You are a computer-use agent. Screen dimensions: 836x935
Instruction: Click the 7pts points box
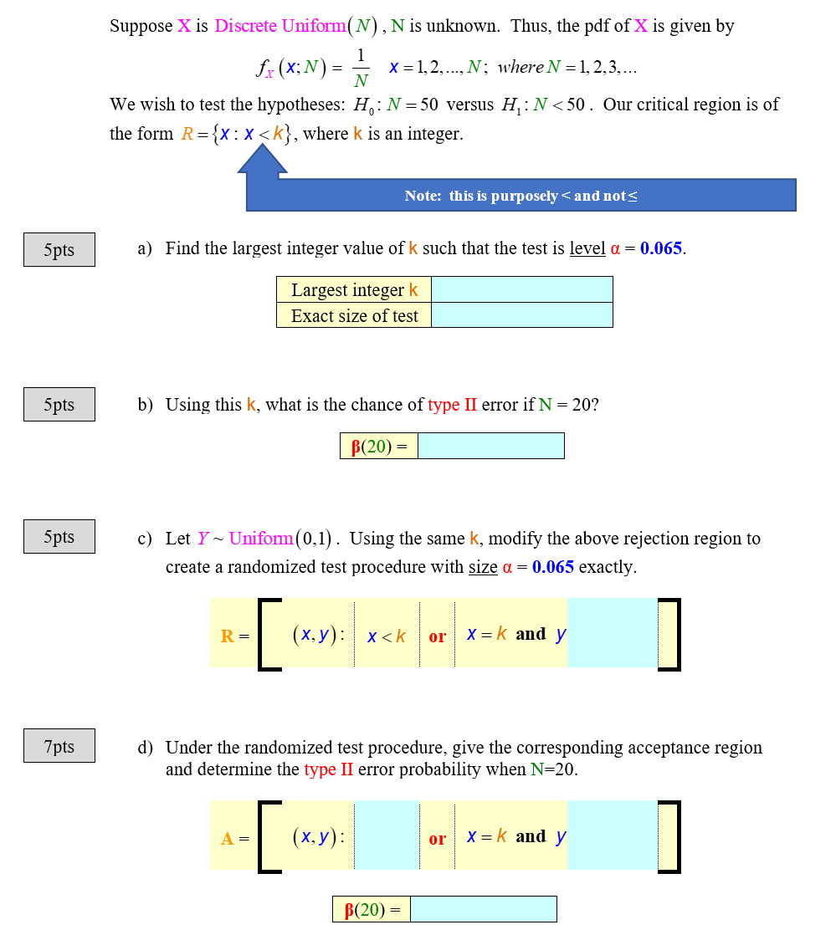pyautogui.click(x=59, y=745)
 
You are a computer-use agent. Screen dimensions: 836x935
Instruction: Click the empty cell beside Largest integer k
pyautogui.click(x=521, y=289)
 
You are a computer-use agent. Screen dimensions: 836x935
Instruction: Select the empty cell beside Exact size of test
pyautogui.click(x=521, y=314)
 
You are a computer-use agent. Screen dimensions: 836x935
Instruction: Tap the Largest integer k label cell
pyautogui.click(x=354, y=289)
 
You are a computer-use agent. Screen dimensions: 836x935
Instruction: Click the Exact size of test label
pyautogui.click(x=354, y=315)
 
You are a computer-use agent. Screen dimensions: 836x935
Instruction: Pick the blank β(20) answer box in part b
pyautogui.click(x=490, y=446)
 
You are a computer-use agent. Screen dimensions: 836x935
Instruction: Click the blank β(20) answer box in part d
pyautogui.click(x=484, y=909)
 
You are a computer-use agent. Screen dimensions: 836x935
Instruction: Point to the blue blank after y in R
pyautogui.click(x=613, y=633)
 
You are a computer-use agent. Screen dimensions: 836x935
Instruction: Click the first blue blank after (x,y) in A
pyautogui.click(x=387, y=835)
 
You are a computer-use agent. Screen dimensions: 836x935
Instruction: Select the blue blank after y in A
pyautogui.click(x=613, y=835)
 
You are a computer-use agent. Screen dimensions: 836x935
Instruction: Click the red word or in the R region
pyautogui.click(x=438, y=636)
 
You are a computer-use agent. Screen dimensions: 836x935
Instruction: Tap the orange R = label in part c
pyautogui.click(x=234, y=636)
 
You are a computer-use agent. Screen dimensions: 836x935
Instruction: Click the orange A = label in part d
pyautogui.click(x=234, y=838)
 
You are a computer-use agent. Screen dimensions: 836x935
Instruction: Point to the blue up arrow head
pyautogui.click(x=263, y=159)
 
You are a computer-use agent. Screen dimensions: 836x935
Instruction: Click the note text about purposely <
pyautogui.click(x=521, y=196)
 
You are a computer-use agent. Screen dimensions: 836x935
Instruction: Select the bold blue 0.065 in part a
pyautogui.click(x=660, y=248)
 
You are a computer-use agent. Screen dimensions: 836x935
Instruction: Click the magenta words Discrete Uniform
pyautogui.click(x=280, y=26)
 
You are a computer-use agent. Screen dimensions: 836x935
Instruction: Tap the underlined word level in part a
pyautogui.click(x=587, y=248)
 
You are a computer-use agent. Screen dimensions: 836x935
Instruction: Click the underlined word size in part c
pyautogui.click(x=483, y=566)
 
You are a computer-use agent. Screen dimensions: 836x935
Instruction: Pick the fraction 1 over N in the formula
pyautogui.click(x=361, y=68)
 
